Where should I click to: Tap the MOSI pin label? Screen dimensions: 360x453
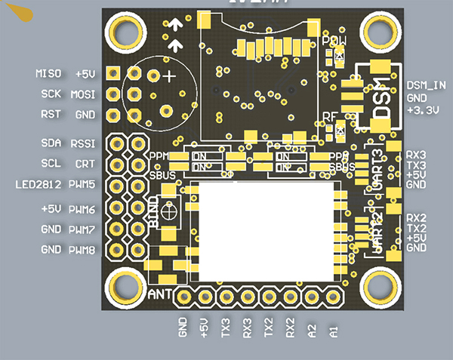pos(83,95)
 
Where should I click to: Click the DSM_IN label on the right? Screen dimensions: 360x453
pos(427,85)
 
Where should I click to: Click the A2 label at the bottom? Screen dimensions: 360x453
pos(312,331)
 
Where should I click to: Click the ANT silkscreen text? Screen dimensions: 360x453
pos(162,294)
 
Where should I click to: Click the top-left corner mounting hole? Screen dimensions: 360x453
pos(122,31)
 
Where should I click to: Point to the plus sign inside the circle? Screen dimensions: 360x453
pos(171,76)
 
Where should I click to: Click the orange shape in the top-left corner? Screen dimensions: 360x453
pos(22,14)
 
